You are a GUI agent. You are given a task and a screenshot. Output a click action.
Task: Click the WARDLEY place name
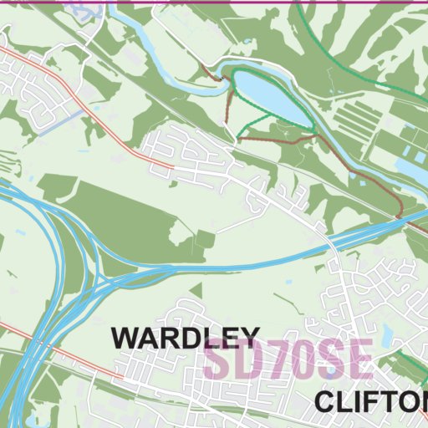pos(186,339)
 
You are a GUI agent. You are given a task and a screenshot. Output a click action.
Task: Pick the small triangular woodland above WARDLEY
pos(196,292)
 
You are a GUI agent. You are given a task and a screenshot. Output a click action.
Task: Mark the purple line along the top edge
pos(214,2)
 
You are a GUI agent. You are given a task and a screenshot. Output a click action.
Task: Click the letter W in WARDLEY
pos(125,339)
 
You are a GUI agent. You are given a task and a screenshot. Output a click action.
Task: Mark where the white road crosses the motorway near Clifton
pos(329,244)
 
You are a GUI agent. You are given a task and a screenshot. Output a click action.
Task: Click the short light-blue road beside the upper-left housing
pos(70,116)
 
